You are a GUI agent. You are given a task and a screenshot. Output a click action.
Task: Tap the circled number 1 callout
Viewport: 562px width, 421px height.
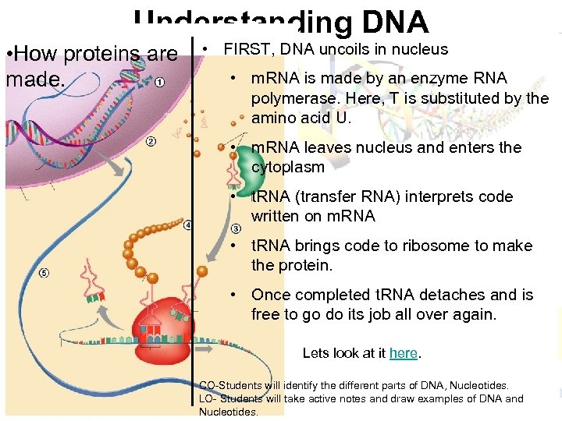159,83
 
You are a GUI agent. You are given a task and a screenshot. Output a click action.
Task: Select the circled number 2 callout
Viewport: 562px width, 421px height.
151,141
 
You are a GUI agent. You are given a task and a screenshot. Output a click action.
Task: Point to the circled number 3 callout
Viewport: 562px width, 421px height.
236,228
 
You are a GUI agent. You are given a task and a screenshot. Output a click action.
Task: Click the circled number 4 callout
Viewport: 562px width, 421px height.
188,225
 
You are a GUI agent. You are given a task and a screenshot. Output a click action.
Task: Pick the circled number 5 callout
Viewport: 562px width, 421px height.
44,272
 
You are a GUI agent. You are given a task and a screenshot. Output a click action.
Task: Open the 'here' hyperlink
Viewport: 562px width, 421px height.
404,353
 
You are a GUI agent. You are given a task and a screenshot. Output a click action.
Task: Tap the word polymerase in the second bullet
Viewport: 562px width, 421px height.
288,98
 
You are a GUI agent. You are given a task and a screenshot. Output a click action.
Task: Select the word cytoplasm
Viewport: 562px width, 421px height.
287,167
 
